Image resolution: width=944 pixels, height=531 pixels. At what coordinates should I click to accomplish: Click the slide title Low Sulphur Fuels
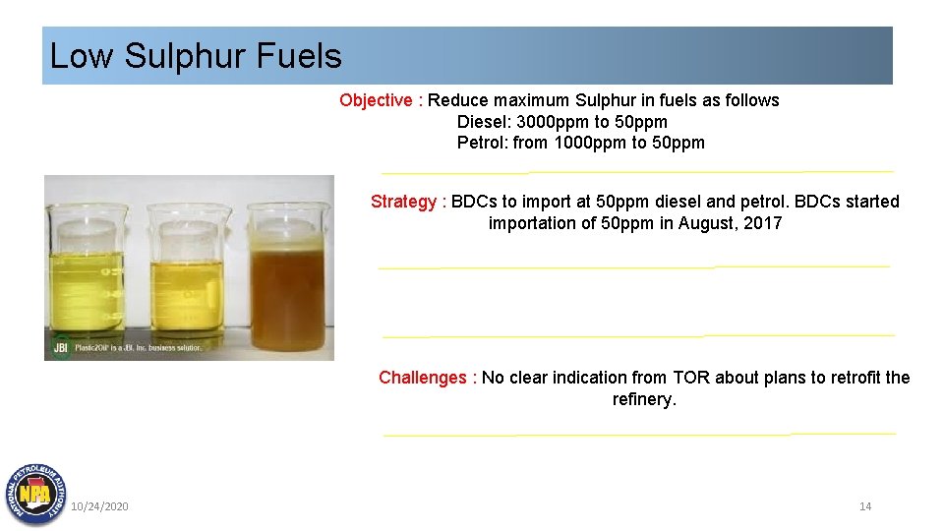tap(196, 56)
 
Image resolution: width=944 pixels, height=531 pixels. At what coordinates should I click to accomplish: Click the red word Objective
tap(376, 100)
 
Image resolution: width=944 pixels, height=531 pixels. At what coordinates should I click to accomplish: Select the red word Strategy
tap(403, 202)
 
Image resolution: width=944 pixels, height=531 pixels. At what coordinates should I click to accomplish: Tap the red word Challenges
tap(422, 378)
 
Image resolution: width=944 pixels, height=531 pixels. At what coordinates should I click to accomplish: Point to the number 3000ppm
tap(553, 122)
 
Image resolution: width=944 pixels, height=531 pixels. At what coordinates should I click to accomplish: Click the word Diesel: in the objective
tap(483, 122)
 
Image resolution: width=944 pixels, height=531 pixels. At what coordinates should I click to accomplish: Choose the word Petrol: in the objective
tap(483, 143)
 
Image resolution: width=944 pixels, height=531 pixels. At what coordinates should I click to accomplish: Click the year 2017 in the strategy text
tap(763, 223)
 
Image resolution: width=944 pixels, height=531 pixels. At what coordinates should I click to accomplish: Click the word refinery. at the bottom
tap(644, 399)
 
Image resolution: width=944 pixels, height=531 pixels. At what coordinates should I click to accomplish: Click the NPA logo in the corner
tap(35, 493)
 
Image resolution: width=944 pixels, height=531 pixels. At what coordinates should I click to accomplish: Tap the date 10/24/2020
tap(99, 506)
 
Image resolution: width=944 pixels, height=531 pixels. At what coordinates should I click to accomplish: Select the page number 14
tap(865, 506)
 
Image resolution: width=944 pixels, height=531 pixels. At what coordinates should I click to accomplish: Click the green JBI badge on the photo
tap(61, 347)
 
